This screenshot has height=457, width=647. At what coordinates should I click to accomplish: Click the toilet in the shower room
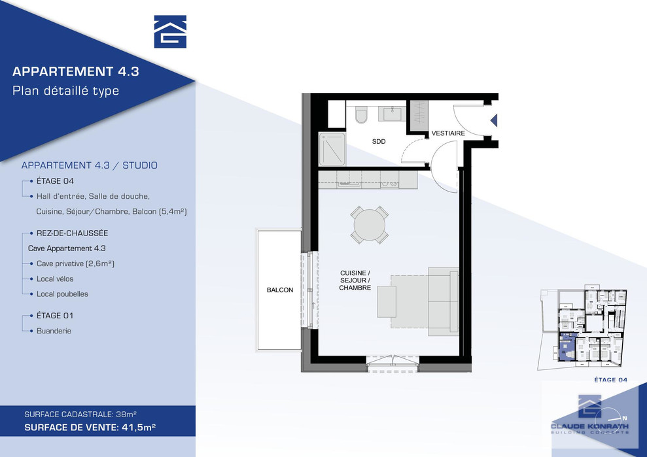coord(361,114)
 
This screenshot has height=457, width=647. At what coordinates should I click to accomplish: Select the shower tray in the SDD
coord(332,148)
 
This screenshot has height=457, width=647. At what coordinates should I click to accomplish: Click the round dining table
coord(370,225)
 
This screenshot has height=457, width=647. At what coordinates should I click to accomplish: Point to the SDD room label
coord(379,141)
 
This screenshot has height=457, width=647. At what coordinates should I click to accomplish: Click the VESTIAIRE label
coord(448,133)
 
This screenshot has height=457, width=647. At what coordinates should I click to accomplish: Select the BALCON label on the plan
coord(280,290)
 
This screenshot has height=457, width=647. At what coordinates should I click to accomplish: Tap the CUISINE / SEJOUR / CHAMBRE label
coord(355,280)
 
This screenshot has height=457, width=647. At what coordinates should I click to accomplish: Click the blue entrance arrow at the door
coord(494,120)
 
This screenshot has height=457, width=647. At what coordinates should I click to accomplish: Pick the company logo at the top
coord(170,32)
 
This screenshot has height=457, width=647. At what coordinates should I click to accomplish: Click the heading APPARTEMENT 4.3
coord(75,71)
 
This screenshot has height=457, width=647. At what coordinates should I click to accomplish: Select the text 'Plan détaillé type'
coord(65,91)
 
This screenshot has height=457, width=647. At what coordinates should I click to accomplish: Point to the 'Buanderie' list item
coord(54,331)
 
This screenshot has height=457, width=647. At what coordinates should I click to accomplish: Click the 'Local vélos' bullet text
coord(55,279)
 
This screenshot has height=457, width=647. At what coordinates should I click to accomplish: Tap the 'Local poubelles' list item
coord(62,294)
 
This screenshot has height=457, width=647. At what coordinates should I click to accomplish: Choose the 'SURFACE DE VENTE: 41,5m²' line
coord(90,428)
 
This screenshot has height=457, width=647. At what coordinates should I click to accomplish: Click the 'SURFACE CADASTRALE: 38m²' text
coord(80,414)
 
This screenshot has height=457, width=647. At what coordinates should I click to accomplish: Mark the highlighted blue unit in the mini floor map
coord(565,347)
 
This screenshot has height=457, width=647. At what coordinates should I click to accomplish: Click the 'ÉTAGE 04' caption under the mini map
coord(610,380)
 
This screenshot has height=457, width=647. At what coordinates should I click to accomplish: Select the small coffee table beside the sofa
coord(387,301)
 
